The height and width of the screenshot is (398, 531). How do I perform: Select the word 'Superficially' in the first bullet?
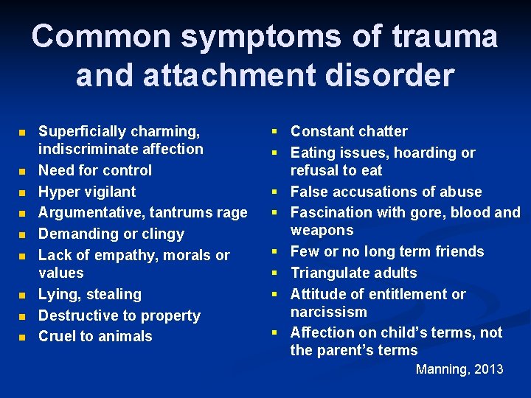[x=82, y=131]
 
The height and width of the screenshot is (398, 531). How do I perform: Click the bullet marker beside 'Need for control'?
[x=22, y=171]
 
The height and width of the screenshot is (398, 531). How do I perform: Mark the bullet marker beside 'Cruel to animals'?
[x=22, y=337]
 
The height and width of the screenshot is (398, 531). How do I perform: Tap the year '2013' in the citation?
[x=488, y=369]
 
